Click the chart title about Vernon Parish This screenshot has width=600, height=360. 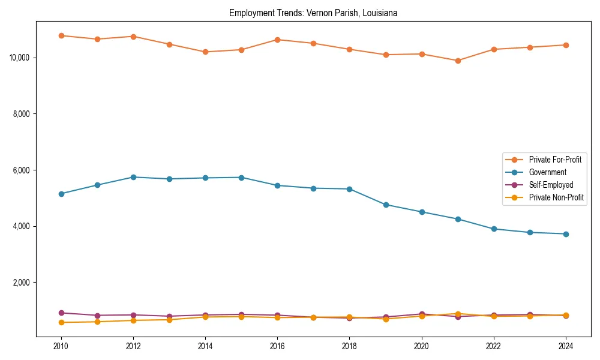tap(313, 13)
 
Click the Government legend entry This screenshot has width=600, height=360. tap(547, 172)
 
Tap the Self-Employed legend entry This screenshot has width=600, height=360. tap(551, 185)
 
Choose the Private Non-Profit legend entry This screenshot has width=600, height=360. tap(556, 197)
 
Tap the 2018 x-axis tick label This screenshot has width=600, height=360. tap(349, 346)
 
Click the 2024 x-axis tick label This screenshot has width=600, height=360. tap(565, 346)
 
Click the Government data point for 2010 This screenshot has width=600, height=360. tap(61, 194)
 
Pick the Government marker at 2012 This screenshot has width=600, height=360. tap(133, 177)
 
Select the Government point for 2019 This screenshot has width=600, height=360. tap(386, 205)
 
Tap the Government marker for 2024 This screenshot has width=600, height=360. tap(566, 234)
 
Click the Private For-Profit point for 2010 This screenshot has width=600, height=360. tap(61, 35)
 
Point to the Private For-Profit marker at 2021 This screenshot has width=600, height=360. tap(458, 61)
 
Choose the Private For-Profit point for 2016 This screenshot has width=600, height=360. tap(277, 40)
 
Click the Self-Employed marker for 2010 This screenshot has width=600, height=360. tap(61, 313)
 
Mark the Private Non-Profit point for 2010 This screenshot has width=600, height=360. tap(61, 322)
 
